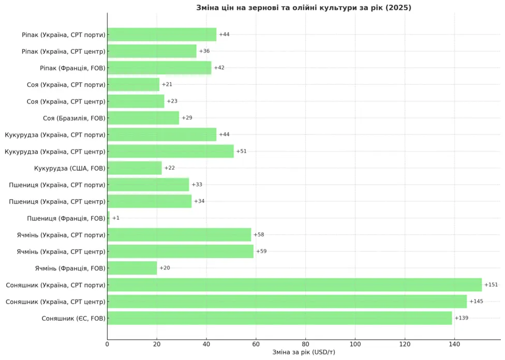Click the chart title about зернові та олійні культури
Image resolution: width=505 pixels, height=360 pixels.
(x=304, y=8)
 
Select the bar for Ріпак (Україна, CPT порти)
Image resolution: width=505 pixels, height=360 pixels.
(x=162, y=35)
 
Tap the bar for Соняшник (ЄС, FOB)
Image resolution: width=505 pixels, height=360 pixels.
(x=279, y=318)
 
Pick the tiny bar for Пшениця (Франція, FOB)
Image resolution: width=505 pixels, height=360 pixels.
(x=109, y=218)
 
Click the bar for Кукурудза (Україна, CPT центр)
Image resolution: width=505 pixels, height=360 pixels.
(x=170, y=152)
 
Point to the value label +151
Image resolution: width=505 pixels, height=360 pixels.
(x=491, y=285)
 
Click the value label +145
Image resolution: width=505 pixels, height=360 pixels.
(x=476, y=302)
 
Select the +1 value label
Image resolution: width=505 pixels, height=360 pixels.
(x=116, y=218)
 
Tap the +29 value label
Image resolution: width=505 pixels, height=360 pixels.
(x=187, y=118)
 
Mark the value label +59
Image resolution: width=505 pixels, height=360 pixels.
(x=261, y=251)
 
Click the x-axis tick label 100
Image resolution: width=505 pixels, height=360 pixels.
(x=355, y=343)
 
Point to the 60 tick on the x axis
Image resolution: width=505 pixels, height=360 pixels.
(x=256, y=343)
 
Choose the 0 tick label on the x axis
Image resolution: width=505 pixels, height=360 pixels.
(x=107, y=343)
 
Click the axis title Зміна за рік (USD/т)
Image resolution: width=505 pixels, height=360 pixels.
(x=304, y=352)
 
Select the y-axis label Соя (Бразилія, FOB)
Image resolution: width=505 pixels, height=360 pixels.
(x=74, y=118)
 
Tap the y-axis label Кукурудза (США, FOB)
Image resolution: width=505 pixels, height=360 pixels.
(x=69, y=168)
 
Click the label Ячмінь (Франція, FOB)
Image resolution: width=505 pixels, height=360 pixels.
(x=70, y=268)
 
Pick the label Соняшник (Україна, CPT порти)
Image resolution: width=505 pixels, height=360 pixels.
(x=55, y=285)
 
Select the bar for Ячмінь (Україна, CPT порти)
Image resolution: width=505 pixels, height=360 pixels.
(x=179, y=235)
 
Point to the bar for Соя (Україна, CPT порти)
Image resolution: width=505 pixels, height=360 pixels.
(x=133, y=84)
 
